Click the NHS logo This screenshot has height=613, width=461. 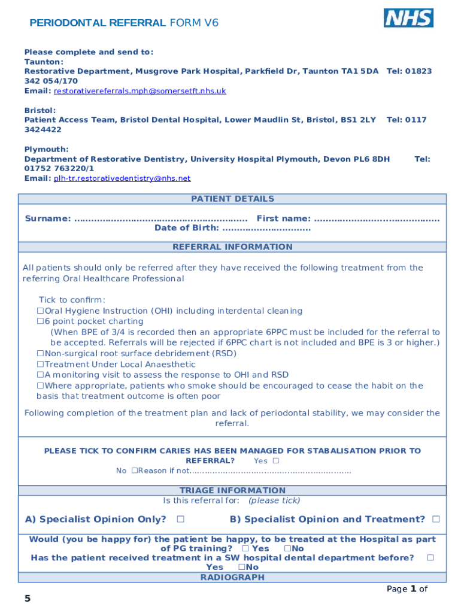tap(408, 18)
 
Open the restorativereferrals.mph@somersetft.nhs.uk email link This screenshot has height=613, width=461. tap(139, 91)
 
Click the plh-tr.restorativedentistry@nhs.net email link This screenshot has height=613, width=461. tap(122, 178)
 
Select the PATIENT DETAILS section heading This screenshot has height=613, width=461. tap(232, 199)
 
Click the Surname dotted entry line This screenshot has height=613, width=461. tap(160, 219)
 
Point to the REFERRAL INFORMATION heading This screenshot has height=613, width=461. tap(232, 247)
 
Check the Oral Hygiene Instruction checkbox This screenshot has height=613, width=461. tap(41, 311)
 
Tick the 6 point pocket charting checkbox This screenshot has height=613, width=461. tap(41, 321)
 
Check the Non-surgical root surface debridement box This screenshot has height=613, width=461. tap(41, 354)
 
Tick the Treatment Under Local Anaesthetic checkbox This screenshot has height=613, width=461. tap(41, 365)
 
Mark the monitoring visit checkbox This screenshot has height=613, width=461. tap(41, 375)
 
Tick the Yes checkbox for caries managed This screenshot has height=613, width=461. tap(275, 461)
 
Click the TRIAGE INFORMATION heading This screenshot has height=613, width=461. tap(232, 490)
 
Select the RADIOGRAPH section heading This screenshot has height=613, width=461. tap(232, 577)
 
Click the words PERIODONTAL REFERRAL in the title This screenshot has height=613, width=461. tap(98, 23)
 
